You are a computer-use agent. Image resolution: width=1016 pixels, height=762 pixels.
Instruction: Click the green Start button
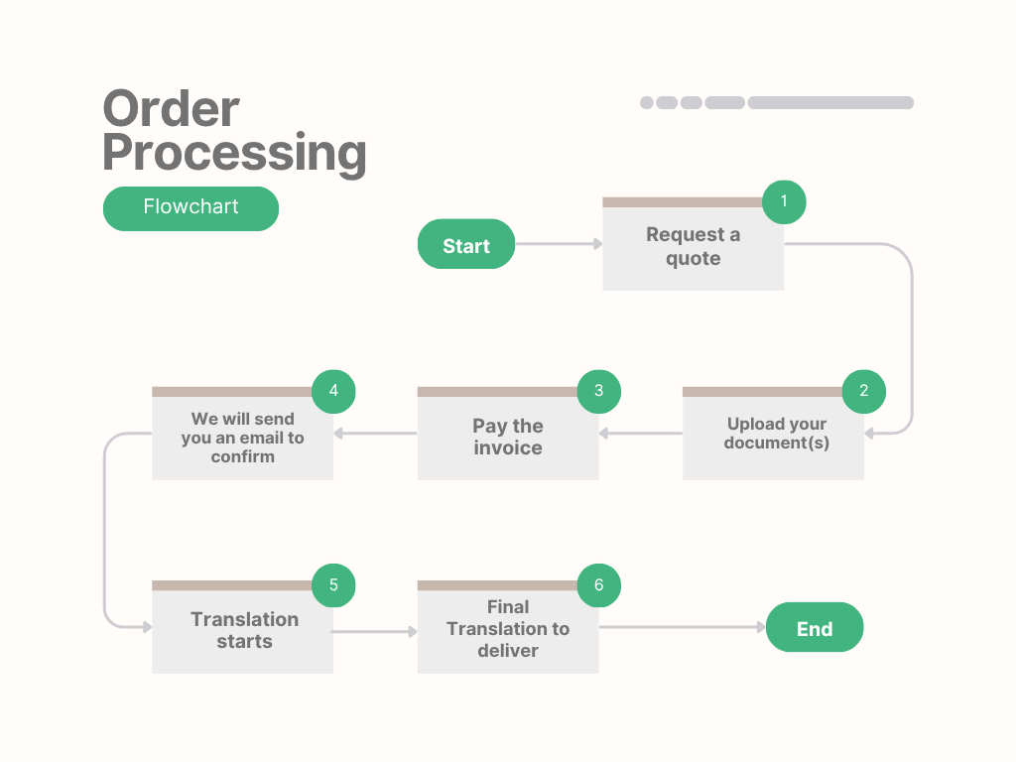tap(466, 244)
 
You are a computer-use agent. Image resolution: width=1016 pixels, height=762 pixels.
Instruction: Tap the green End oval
tap(815, 627)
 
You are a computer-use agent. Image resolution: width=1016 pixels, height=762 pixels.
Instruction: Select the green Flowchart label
tap(190, 208)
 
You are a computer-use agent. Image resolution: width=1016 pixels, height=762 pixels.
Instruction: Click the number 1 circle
tap(784, 201)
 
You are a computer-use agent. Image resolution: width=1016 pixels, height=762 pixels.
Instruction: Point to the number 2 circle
tap(864, 391)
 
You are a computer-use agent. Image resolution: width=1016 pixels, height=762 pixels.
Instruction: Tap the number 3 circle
tap(599, 391)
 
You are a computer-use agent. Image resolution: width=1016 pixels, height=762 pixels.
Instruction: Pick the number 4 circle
tap(333, 391)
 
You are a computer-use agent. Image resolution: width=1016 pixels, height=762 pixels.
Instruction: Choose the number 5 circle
tap(333, 585)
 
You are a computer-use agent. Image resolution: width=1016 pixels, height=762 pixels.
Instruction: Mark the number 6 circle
tap(599, 585)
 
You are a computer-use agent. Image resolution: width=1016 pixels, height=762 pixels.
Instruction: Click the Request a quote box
tap(693, 248)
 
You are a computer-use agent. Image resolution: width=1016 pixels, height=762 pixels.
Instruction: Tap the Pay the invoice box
tap(507, 438)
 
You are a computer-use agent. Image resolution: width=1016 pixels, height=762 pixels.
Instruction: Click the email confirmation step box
tap(242, 438)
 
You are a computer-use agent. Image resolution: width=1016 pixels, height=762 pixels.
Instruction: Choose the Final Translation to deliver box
tap(507, 629)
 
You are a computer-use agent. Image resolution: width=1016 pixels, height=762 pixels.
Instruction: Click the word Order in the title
tap(171, 109)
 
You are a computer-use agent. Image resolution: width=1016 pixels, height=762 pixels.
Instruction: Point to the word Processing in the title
tap(234, 153)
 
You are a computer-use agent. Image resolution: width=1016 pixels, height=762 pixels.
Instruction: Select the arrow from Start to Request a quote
tap(559, 244)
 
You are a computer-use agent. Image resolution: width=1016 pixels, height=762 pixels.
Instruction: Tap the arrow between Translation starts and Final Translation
tap(375, 631)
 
